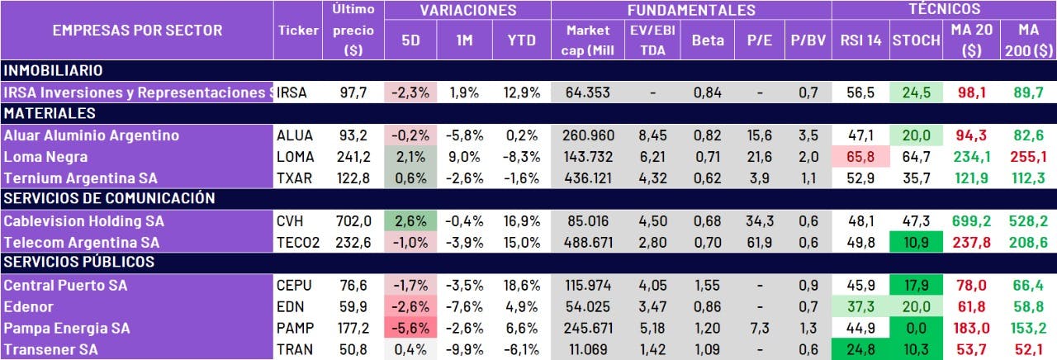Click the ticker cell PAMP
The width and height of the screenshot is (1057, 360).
click(x=295, y=329)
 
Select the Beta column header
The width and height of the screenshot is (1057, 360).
click(x=708, y=40)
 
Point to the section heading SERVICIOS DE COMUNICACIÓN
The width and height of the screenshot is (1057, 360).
click(x=110, y=199)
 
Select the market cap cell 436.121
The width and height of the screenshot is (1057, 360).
click(x=588, y=178)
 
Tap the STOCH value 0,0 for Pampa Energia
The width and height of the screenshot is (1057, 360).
click(x=916, y=329)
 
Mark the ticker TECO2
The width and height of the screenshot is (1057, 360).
click(x=299, y=243)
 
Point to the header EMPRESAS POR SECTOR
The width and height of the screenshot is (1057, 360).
click(x=137, y=31)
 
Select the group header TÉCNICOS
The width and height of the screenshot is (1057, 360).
click(x=944, y=10)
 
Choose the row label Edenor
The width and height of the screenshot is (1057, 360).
click(x=28, y=307)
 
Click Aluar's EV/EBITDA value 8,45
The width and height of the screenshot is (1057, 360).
click(x=652, y=135)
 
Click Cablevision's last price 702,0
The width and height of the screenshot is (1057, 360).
click(x=356, y=221)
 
